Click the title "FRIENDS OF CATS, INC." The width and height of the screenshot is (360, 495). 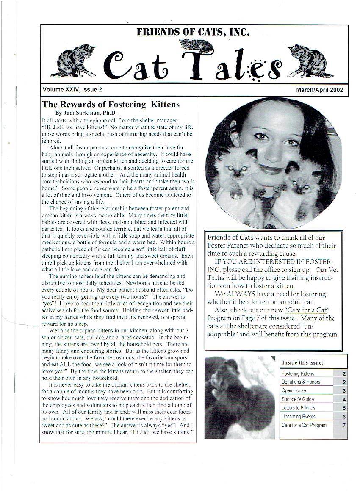(x=193, y=32)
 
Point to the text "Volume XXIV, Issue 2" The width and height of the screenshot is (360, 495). (x=72, y=90)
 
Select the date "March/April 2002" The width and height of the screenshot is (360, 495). (x=319, y=90)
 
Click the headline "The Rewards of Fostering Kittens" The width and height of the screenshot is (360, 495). (x=111, y=104)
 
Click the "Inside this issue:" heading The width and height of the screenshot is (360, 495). (x=302, y=362)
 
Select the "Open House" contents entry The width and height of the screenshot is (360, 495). (x=293, y=391)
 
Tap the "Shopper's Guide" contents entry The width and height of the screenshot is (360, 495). (x=298, y=399)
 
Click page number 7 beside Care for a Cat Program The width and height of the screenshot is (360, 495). (x=344, y=425)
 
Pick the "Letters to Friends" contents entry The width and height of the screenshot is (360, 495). (x=298, y=408)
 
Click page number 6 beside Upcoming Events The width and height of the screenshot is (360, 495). (x=344, y=417)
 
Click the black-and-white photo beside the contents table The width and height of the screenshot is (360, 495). (x=239, y=397)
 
